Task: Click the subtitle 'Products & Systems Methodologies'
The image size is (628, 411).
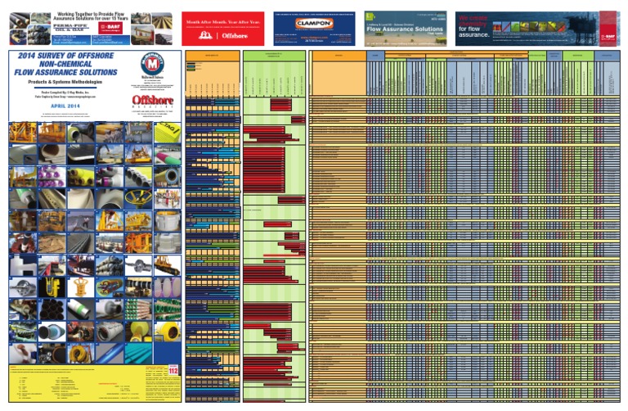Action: [x=62, y=84]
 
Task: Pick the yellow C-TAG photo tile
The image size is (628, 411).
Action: [x=167, y=132]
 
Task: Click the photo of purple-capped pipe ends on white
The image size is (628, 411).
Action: [x=51, y=176]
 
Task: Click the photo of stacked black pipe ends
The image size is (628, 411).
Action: [x=51, y=309]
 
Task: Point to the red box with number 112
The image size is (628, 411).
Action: [x=173, y=371]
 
